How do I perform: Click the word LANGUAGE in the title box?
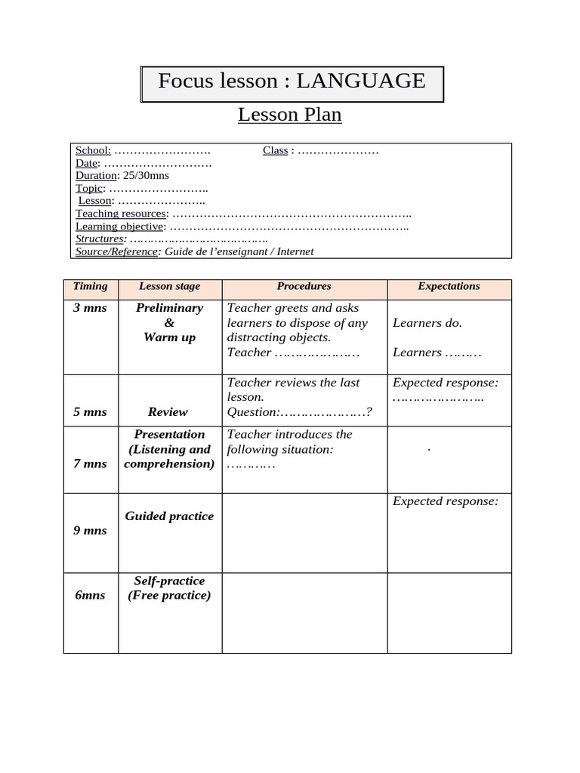tap(361, 82)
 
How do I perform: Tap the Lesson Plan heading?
tap(290, 115)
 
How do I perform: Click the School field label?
tap(93, 150)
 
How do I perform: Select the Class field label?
tap(276, 150)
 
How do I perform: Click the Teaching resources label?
tap(120, 214)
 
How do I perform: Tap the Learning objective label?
tap(119, 226)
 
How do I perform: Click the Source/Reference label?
tap(117, 252)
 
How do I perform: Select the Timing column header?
tap(91, 287)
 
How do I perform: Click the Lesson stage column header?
tap(169, 287)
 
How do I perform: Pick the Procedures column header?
tap(304, 287)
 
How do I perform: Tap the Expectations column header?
tap(449, 287)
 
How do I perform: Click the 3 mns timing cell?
tap(91, 308)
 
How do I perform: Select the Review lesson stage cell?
tap(168, 412)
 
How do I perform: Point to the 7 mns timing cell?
tap(91, 463)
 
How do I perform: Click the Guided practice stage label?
tap(169, 516)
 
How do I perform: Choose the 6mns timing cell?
tap(91, 596)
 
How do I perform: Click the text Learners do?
tap(427, 323)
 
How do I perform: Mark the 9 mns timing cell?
tap(91, 531)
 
